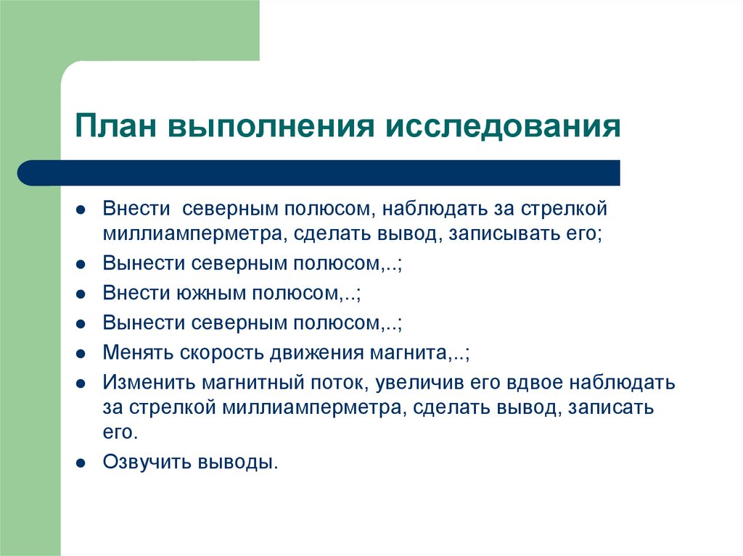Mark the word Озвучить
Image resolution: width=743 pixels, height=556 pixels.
[146, 461]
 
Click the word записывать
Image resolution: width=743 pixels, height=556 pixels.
[498, 235]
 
